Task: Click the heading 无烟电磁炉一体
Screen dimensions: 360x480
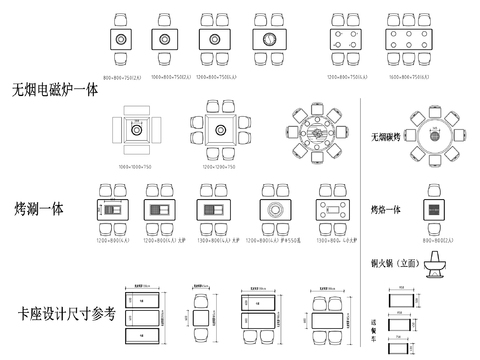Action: tap(55, 89)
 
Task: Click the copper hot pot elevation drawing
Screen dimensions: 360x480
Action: tap(437, 267)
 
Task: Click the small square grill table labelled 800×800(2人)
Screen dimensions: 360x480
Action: tap(435, 210)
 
